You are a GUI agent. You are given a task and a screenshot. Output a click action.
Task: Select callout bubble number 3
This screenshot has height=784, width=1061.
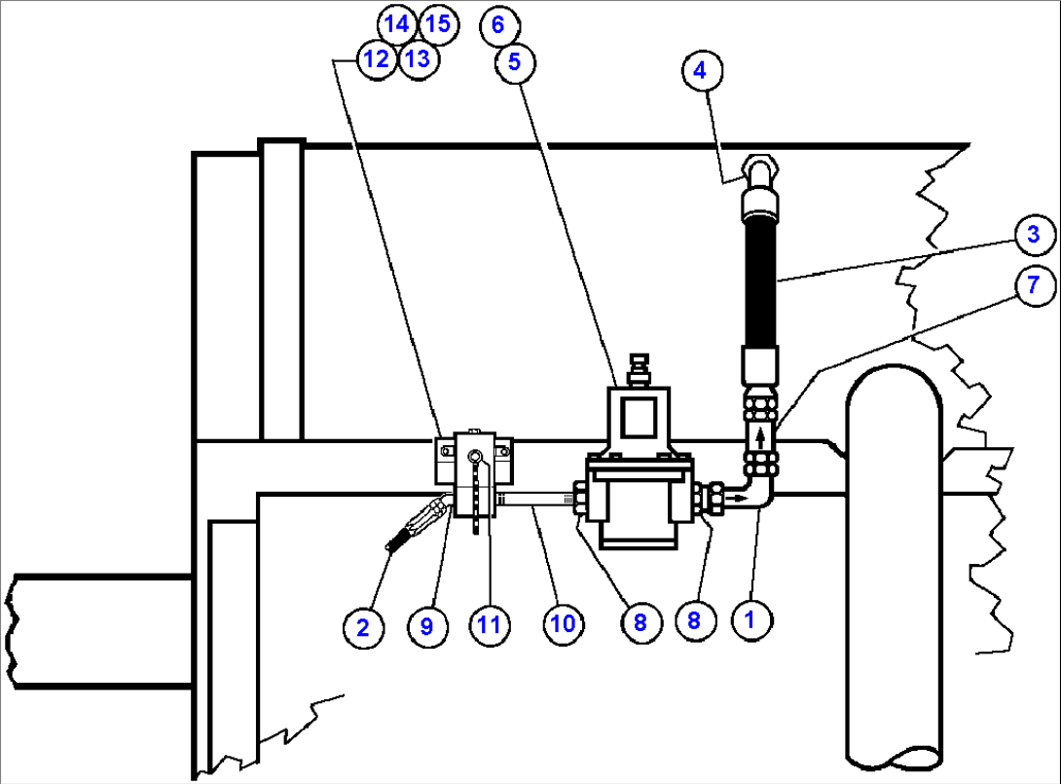coord(1032,234)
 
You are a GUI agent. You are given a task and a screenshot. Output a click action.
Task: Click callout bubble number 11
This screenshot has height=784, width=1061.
coord(489,624)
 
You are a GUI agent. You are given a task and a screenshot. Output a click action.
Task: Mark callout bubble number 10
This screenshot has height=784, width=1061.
coord(563,624)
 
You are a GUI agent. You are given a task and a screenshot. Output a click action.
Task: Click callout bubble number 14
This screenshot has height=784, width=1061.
coord(396,23)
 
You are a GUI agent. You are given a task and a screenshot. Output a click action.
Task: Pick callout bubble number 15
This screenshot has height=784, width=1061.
coord(439,23)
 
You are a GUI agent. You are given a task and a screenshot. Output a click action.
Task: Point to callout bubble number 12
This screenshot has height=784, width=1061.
coord(375,59)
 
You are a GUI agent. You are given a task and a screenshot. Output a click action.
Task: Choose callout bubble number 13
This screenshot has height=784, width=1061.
coord(417,59)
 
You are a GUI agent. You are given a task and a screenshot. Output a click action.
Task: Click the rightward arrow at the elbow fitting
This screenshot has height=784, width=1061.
coord(739,499)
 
